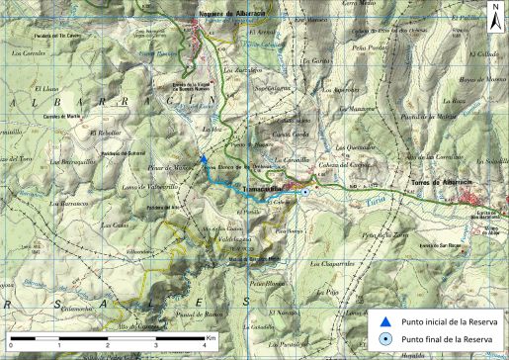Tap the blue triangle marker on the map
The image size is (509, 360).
(203, 157)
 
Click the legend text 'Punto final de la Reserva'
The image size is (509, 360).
(444, 339)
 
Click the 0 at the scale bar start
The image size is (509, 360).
(11, 346)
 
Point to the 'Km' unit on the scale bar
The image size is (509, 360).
(212, 338)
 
